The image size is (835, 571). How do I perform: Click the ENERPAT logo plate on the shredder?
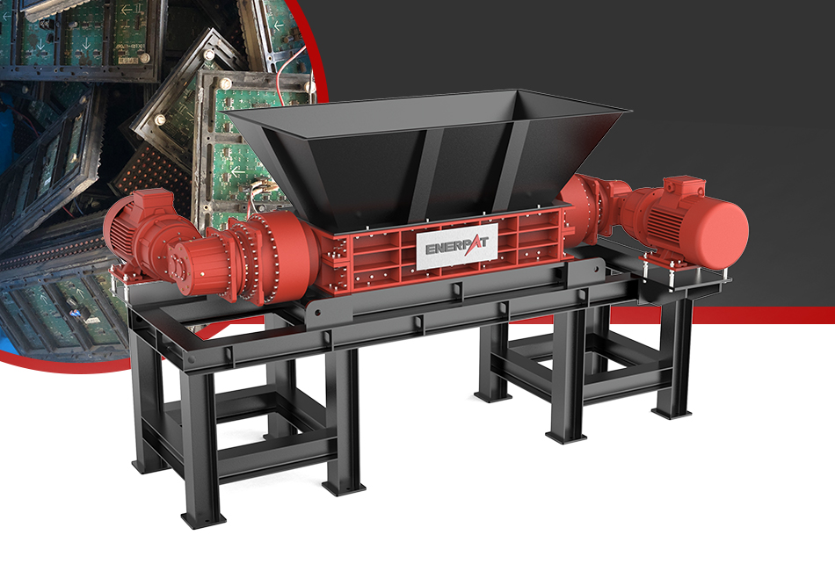457,246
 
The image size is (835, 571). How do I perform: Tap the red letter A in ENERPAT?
472,246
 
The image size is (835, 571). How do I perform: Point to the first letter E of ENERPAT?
431,249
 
